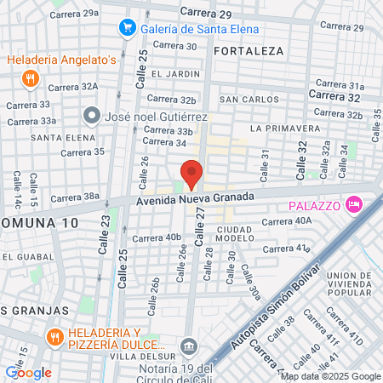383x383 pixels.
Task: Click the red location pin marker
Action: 192,174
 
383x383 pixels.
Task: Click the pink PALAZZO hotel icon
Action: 355,205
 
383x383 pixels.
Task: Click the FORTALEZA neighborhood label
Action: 249,51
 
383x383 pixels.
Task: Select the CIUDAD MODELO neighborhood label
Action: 236,233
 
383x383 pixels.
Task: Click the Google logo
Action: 28,372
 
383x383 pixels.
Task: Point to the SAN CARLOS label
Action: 249,100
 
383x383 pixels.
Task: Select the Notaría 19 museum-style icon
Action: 189,346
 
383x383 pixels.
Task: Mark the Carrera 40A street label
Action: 287,220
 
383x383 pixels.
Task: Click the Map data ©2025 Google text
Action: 331,376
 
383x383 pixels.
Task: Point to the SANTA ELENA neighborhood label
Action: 56,136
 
